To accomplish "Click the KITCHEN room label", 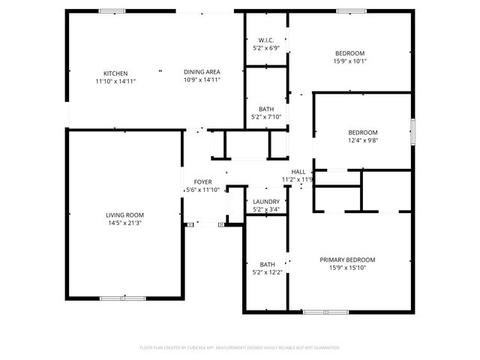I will (115, 73).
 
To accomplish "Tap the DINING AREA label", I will (202, 73).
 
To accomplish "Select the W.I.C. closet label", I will (265, 40).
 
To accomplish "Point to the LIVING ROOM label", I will (124, 215).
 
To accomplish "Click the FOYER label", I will (202, 182).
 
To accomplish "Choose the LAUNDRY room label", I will (266, 202).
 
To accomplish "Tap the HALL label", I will (298, 172).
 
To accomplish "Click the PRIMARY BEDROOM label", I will (347, 259).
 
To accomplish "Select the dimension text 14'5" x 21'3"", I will (124, 223).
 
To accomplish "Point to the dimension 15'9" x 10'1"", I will (349, 61).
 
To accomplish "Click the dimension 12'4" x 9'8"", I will (362, 139).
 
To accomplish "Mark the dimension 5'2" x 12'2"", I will (267, 272).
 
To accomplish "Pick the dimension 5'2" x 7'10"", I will (266, 116).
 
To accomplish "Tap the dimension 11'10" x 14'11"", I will (115, 80).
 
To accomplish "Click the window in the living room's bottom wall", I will (123, 298).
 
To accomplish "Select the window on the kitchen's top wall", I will (112, 11).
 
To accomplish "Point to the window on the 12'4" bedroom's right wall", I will (411, 132).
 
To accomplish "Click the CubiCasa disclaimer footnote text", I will (240, 348).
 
